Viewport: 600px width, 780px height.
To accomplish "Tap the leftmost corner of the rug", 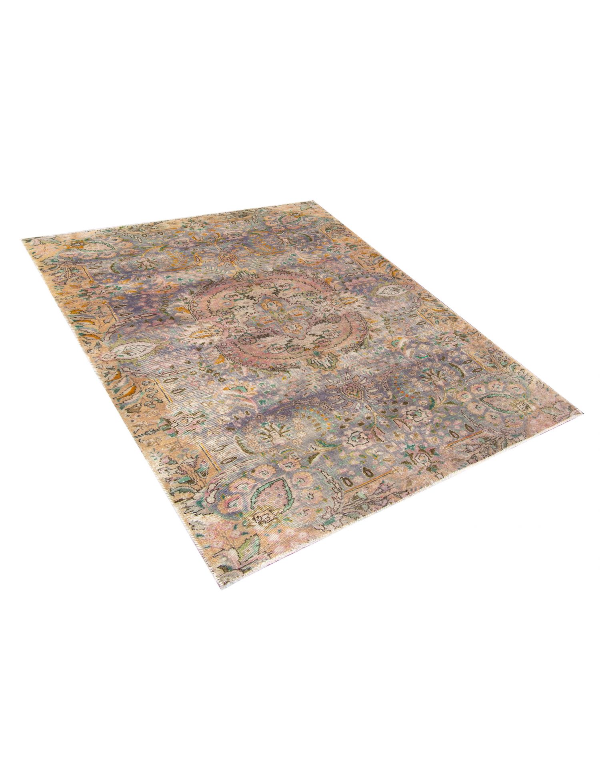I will (x=22, y=239).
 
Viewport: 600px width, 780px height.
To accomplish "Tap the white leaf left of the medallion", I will (x=130, y=351).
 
